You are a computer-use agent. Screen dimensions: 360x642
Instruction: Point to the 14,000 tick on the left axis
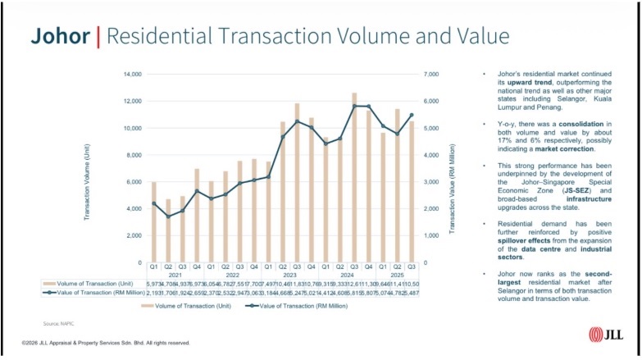pyautogui.click(x=131, y=75)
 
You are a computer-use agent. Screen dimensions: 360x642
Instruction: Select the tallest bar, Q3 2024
pyautogui.click(x=354, y=178)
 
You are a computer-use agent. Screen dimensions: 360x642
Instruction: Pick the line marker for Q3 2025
pyautogui.click(x=412, y=115)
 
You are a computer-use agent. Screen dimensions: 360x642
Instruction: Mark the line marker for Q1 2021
pyautogui.click(x=153, y=203)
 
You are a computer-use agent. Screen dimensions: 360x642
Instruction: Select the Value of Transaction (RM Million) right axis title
pyautogui.click(x=452, y=168)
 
